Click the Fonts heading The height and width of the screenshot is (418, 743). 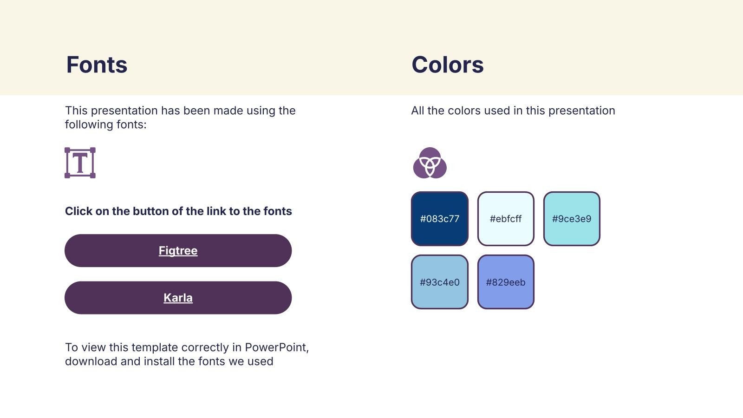point(97,65)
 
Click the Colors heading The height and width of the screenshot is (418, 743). point(448,65)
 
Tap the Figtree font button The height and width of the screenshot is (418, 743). point(178,250)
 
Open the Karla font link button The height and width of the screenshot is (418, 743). point(178,298)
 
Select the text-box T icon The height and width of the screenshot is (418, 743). point(80,163)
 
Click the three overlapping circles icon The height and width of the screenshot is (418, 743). point(430,163)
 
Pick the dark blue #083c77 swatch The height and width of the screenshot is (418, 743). point(439,219)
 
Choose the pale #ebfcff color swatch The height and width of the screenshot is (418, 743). point(506,219)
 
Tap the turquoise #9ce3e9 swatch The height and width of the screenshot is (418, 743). point(572,219)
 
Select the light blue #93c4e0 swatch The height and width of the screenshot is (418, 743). point(439,282)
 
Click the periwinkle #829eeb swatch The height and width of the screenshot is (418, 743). point(506,282)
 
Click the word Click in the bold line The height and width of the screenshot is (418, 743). point(78,211)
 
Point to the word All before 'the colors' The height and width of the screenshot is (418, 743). point(417,111)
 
